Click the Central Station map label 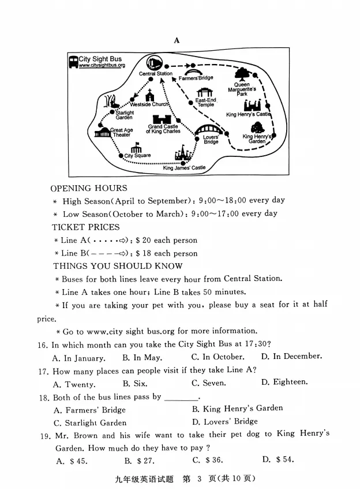click(x=155, y=74)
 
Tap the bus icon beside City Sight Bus click(x=73, y=62)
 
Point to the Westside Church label click(x=149, y=104)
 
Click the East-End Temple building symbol click(x=205, y=93)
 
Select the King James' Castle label click(x=184, y=168)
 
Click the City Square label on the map click(x=137, y=156)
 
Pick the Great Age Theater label click(x=121, y=133)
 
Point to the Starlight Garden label click(x=124, y=115)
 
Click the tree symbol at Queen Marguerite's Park click(x=242, y=75)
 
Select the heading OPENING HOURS click(x=89, y=188)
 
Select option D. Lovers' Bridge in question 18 click(x=225, y=422)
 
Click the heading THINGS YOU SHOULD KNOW click(x=118, y=266)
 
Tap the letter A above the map click(x=177, y=40)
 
